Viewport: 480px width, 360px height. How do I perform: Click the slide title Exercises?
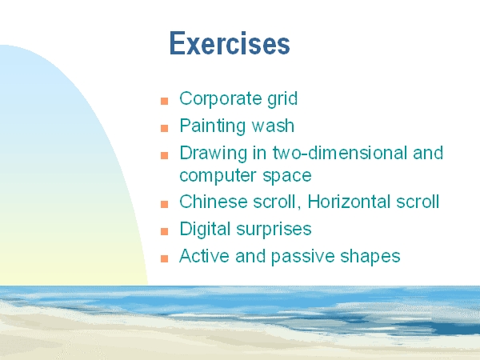pyautogui.click(x=230, y=43)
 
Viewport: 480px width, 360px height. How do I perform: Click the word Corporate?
pyautogui.click(x=221, y=99)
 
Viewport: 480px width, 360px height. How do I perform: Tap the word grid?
pyautogui.click(x=282, y=99)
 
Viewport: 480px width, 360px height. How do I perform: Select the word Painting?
pyautogui.click(x=213, y=126)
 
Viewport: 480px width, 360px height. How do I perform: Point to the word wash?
pyautogui.click(x=273, y=126)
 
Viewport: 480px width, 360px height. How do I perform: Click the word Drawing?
pyautogui.click(x=214, y=153)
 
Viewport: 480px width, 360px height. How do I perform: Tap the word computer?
pyautogui.click(x=218, y=176)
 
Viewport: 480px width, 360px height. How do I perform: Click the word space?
pyautogui.click(x=287, y=176)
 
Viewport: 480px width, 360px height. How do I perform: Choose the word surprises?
pyautogui.click(x=274, y=230)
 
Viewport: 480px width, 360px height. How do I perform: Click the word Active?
pyautogui.click(x=204, y=256)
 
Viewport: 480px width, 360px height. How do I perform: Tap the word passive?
pyautogui.click(x=303, y=257)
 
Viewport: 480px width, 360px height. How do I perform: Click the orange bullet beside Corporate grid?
pyautogui.click(x=164, y=101)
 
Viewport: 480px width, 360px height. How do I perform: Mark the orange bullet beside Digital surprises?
pyautogui.click(x=164, y=231)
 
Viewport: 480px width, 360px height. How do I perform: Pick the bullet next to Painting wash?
pyautogui.click(x=164, y=128)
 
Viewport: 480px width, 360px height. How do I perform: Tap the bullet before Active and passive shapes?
pyautogui.click(x=164, y=258)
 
